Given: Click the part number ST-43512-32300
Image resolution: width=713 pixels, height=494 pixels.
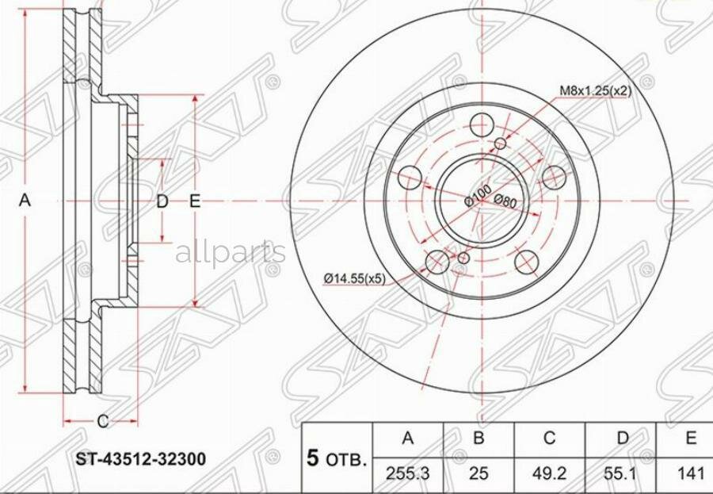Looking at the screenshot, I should pos(141,459).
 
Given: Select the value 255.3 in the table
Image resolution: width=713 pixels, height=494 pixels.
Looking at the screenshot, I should pos(406,473).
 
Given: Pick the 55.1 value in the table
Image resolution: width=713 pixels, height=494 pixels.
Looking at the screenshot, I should pos(623,473).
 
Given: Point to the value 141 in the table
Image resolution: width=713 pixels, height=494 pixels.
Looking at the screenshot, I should pos(691,473).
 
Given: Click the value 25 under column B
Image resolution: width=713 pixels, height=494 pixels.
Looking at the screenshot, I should pos(479,473).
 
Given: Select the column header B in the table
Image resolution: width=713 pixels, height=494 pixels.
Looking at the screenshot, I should pos(479,438).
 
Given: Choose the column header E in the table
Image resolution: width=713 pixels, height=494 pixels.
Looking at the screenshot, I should pos(691,438).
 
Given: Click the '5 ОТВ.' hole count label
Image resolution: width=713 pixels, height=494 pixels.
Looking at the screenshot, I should pos(337,459).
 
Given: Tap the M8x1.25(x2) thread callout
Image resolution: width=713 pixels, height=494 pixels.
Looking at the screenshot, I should pos(596,90).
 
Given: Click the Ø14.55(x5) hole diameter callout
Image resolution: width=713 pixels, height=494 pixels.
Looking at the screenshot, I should pos(354,278).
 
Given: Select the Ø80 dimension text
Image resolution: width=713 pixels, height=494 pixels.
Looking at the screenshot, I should pos(505,201).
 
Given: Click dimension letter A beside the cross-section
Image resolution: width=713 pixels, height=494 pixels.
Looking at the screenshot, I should pos(25,201).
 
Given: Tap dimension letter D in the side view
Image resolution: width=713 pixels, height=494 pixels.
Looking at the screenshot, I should pos(162,201).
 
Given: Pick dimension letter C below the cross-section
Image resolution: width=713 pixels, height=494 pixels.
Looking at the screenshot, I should pos(101,420).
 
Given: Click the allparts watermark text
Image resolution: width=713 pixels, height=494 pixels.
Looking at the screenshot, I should pos(230,253).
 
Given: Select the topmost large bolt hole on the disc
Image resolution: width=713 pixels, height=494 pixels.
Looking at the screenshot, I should pos(482,124).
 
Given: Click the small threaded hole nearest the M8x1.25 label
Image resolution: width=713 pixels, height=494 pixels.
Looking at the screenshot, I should pos(500,143).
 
